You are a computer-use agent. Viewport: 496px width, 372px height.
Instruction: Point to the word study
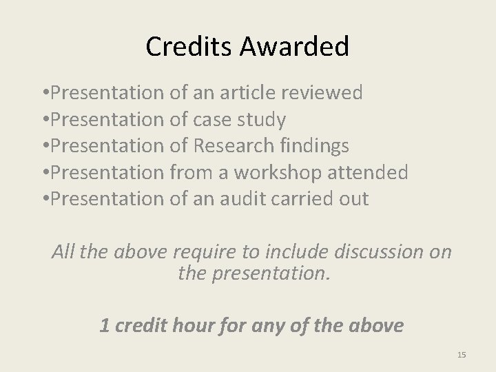click(x=262, y=120)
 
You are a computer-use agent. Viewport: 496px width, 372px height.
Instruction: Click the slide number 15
click(x=462, y=355)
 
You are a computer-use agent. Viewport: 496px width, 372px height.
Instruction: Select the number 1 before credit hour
click(x=105, y=325)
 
